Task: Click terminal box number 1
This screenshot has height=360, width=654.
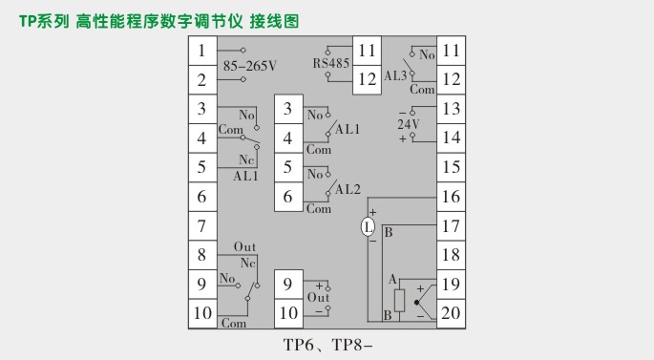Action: (201, 51)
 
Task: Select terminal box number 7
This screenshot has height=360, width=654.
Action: (201, 227)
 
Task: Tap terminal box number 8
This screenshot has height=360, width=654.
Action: (201, 256)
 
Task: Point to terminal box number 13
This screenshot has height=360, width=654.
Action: (451, 110)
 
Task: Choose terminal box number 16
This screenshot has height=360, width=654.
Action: (451, 197)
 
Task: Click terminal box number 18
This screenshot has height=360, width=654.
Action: (451, 255)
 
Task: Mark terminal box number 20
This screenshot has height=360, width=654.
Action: (451, 313)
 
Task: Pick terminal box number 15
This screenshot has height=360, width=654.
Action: (451, 168)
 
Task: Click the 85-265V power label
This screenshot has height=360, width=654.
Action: (249, 66)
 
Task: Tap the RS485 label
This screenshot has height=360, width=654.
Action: (331, 64)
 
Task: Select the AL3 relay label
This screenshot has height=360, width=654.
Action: (396, 73)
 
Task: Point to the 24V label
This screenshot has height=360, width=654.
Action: (408, 123)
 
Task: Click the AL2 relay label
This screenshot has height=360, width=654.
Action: (347, 189)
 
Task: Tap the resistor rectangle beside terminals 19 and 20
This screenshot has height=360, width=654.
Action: (399, 298)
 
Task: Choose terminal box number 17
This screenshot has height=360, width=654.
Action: (451, 226)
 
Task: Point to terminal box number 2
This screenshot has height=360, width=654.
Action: (201, 80)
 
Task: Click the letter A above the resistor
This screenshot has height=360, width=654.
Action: (391, 278)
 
